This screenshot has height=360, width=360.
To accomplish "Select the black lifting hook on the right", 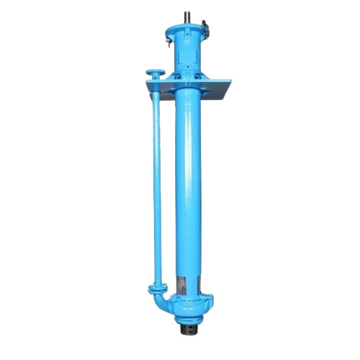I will pyautogui.click(x=205, y=28).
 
